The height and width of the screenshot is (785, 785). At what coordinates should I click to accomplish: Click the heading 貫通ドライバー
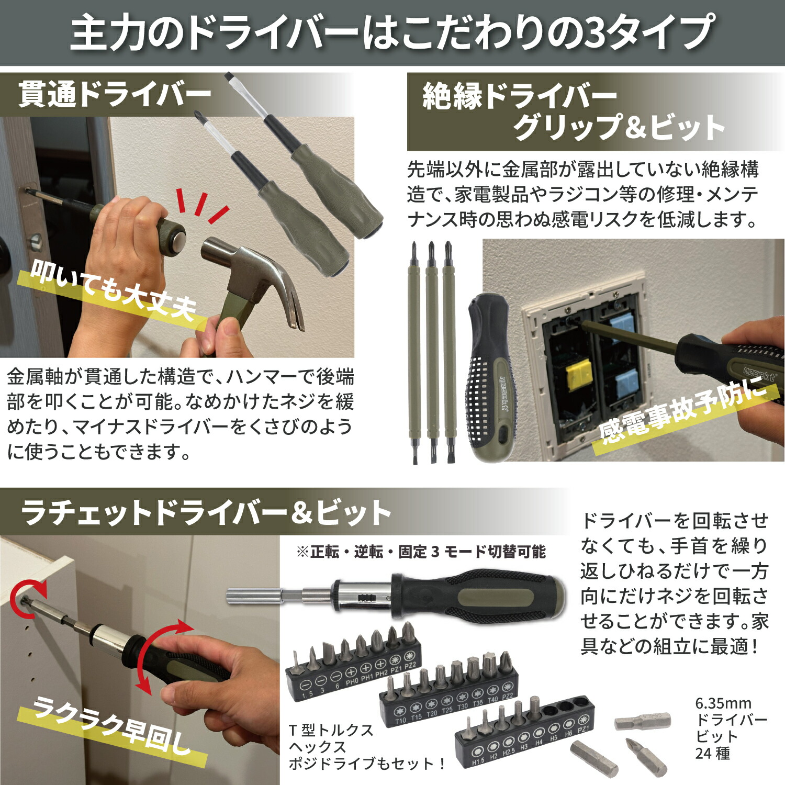pyautogui.click(x=115, y=95)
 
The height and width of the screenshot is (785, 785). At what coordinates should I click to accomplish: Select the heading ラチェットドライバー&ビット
pyautogui.click(x=206, y=512)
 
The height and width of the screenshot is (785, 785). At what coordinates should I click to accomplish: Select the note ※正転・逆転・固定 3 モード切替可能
pyautogui.click(x=421, y=552)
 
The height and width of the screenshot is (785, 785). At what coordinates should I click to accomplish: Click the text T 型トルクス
pyautogui.click(x=331, y=730)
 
